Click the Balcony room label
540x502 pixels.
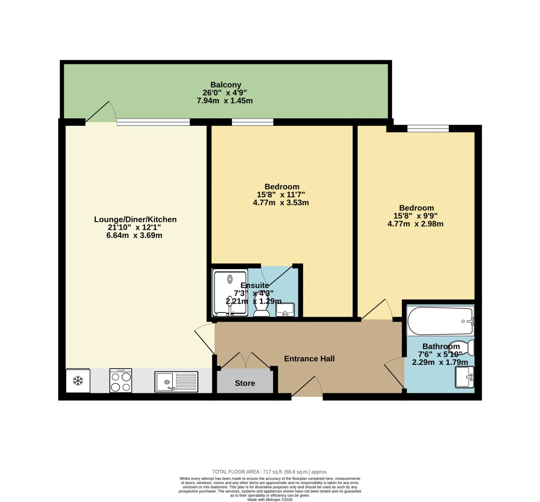tap(226, 85)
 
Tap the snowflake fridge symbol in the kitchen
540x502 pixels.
tap(78, 381)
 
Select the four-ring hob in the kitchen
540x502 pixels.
tap(120, 381)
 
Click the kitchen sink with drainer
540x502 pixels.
tap(176, 382)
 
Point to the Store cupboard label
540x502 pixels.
tap(245, 383)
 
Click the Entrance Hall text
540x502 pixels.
tap(309, 359)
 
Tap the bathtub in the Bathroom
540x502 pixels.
tap(440, 321)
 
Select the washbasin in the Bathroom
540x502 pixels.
tap(464, 377)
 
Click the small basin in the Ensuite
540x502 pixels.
tap(285, 310)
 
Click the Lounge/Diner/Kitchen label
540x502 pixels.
tap(135, 220)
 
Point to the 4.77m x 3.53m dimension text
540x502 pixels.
tap(281, 203)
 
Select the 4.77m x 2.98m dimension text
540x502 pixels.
tap(415, 224)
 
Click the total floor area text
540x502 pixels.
tap(270, 472)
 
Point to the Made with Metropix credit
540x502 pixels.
tap(270, 500)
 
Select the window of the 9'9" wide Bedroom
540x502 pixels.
tap(428, 128)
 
